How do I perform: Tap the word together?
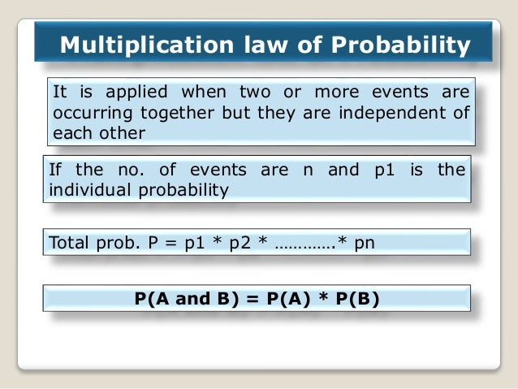pos(183,111)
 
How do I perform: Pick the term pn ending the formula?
pos(365,242)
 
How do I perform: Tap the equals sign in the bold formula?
pos(252,299)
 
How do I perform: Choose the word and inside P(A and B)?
pos(192,299)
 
